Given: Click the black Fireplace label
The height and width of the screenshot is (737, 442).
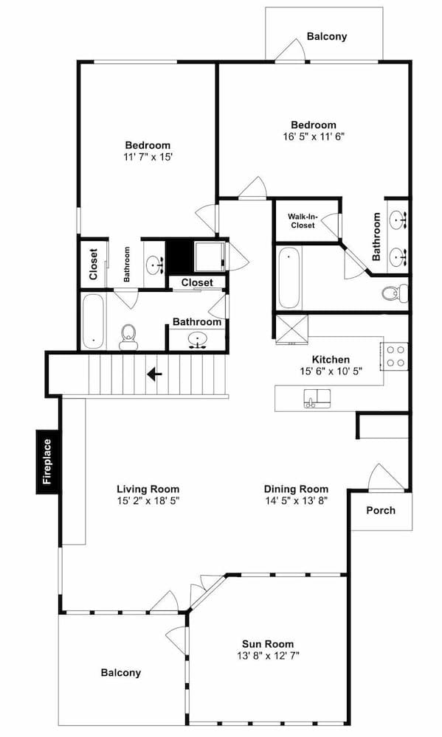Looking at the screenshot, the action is coord(48,461).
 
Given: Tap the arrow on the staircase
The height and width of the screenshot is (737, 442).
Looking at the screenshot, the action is coord(154,374).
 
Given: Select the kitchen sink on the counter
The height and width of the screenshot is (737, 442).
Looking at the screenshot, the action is coord(317,398).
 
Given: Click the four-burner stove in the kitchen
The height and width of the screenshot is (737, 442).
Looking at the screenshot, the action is coord(395,356).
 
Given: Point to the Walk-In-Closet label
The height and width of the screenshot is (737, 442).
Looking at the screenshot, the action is coord(303,221).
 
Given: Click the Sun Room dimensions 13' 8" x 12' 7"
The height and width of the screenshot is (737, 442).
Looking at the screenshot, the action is coord(268,655).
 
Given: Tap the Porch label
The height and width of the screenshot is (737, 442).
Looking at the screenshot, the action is coord(381,510).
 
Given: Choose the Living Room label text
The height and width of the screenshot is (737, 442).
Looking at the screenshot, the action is coord(148,489).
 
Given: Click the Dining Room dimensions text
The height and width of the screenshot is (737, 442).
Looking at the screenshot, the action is coord(296,500).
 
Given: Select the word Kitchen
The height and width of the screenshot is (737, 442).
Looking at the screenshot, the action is coord(331,360).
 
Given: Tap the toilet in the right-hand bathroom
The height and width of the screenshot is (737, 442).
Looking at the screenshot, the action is coord(395,293).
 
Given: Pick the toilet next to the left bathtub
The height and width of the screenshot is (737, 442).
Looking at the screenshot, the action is coord(128,337).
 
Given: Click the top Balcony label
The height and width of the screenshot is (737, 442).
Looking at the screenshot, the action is coord(327,36).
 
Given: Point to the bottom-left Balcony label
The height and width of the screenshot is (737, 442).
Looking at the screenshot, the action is coord(120,673).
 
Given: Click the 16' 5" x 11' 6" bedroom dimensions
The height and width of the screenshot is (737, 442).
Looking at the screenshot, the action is coord(314,137).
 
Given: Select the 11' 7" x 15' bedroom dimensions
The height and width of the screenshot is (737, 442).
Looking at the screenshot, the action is coord(147,157).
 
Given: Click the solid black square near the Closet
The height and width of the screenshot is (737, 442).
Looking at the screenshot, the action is coord(179,256).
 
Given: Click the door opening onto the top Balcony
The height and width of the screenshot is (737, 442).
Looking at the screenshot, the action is coord(293,49).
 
